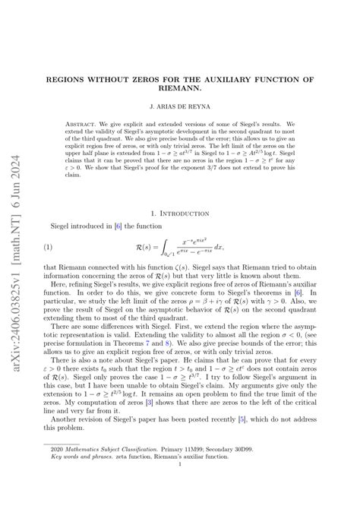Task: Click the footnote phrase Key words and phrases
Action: click(x=87, y=479)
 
